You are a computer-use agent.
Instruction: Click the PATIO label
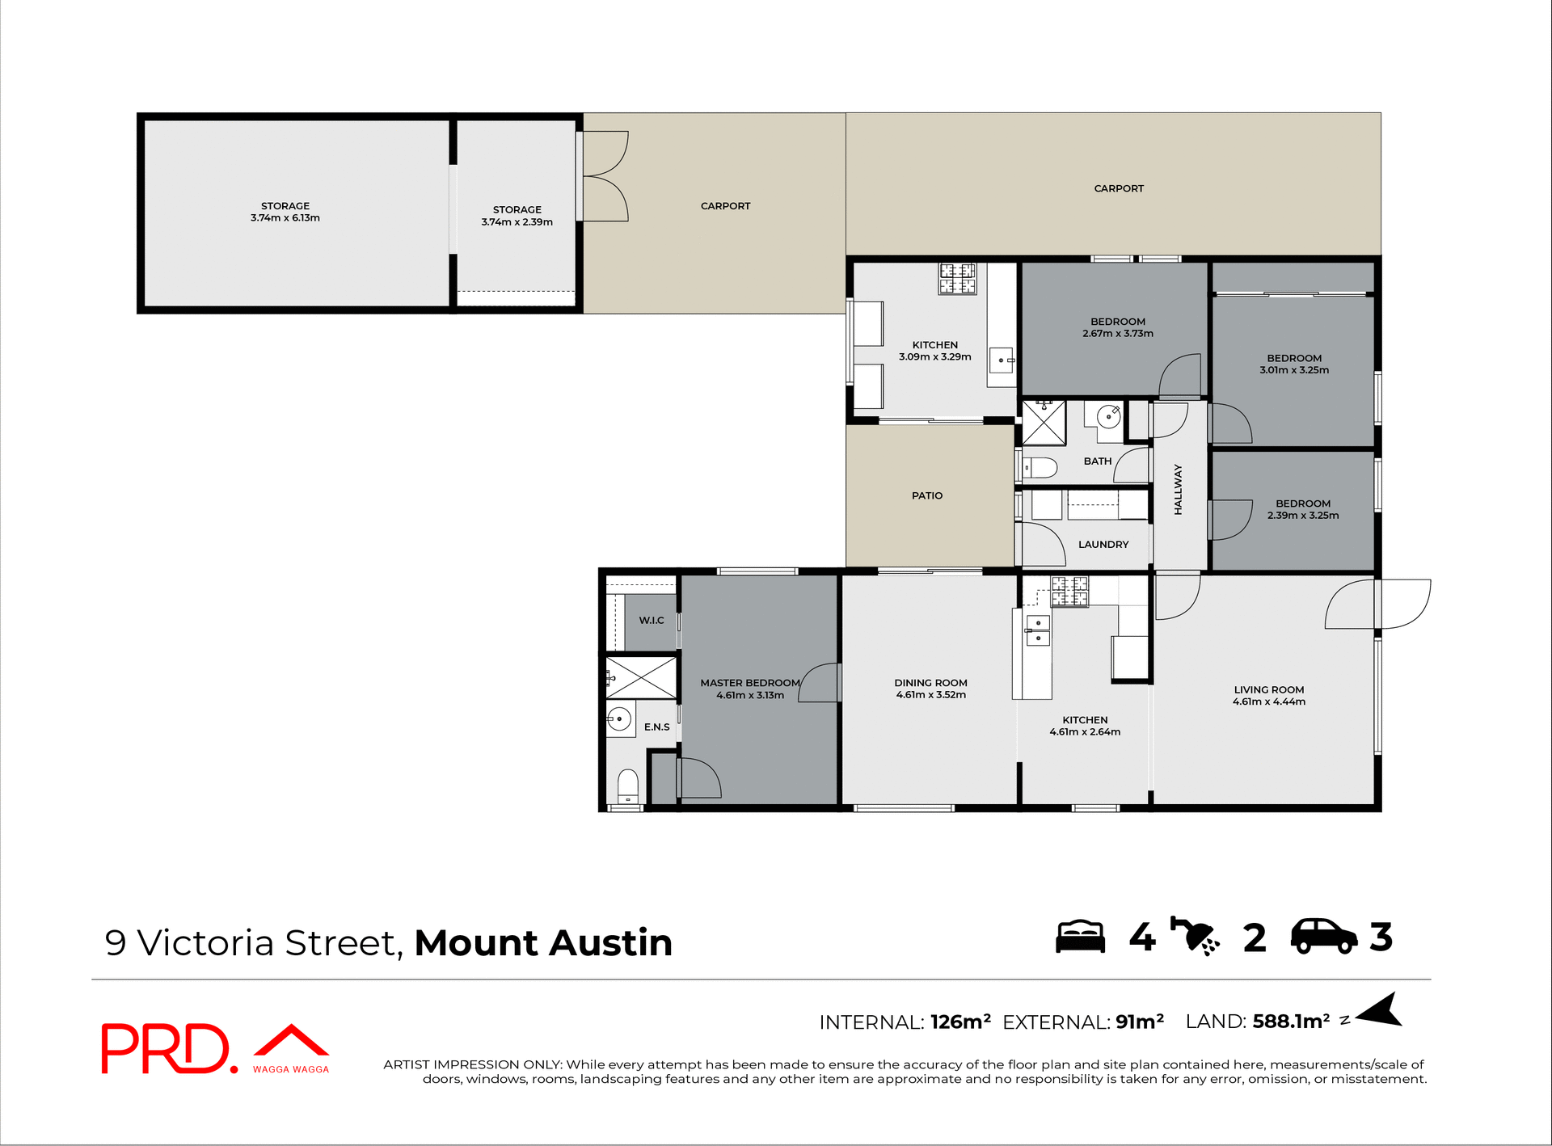[x=927, y=495]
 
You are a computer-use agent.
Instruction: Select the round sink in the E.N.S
[x=620, y=718]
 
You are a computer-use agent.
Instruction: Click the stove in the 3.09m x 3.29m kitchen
[x=957, y=278]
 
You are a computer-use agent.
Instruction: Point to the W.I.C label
[x=652, y=620]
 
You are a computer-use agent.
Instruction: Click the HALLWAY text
[x=1178, y=489]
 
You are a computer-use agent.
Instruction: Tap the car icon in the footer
[x=1323, y=937]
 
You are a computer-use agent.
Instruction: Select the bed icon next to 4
[x=1080, y=937]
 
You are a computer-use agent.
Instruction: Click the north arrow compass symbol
[x=1381, y=1011]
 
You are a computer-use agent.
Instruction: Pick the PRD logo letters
[x=166, y=1048]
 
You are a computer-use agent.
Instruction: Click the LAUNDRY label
[x=1103, y=544]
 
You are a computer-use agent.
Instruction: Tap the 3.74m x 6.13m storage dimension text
[x=285, y=218]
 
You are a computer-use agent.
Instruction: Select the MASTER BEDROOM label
[x=749, y=683]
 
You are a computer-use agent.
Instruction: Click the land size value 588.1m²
[x=1291, y=1021]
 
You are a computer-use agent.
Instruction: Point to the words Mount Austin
[x=543, y=943]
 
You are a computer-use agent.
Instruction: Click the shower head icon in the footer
[x=1195, y=937]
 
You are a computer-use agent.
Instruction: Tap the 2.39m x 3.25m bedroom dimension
[x=1302, y=516]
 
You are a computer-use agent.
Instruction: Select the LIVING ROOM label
[x=1268, y=689]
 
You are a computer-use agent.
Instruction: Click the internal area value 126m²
[x=960, y=1022]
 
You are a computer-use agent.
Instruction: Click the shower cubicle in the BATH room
[x=1044, y=422]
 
